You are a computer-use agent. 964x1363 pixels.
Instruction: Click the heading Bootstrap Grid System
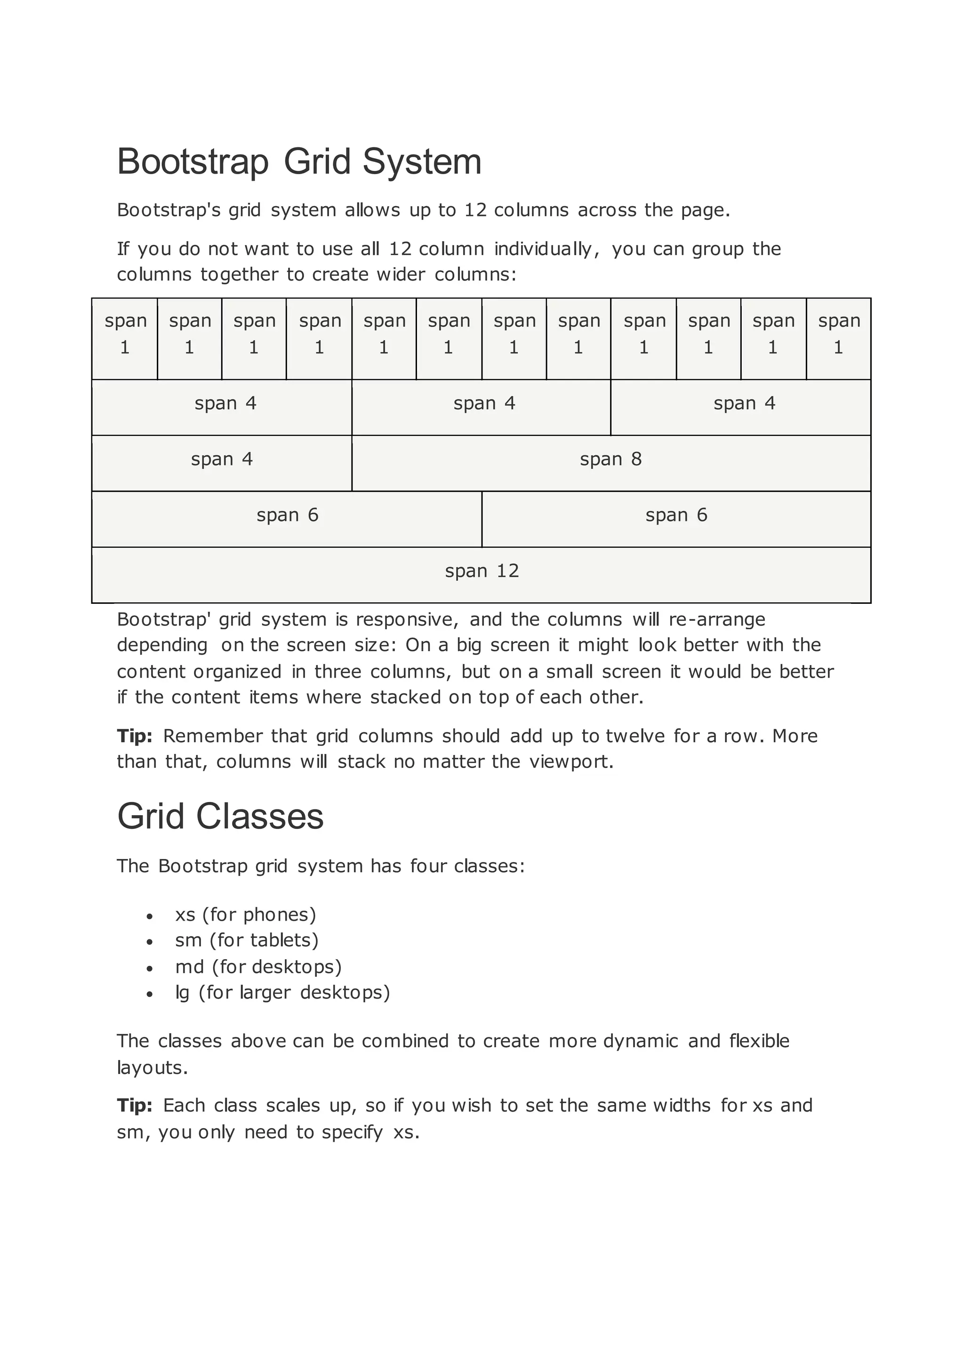tap(299, 161)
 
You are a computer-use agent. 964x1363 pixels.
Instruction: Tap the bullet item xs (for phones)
tap(246, 915)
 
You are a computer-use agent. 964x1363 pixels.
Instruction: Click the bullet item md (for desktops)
tap(258, 967)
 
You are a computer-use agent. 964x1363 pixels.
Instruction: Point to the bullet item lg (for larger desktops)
tap(282, 993)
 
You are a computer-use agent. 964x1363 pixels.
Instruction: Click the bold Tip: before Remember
tap(135, 736)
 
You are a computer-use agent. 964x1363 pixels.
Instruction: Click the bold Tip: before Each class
tap(135, 1106)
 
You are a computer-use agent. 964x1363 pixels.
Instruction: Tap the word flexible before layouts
tap(759, 1041)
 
